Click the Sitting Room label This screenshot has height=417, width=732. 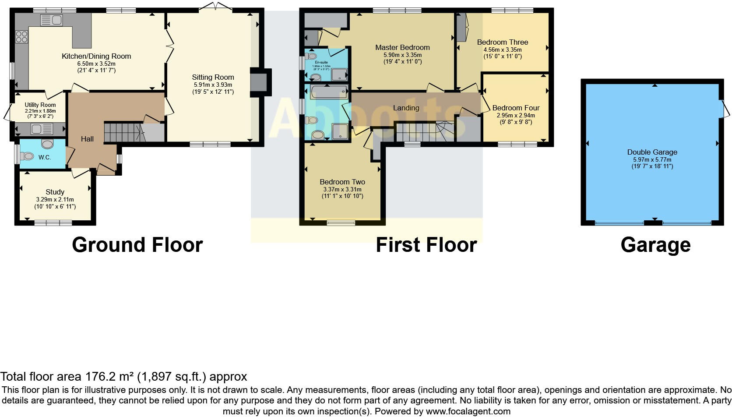point(213,78)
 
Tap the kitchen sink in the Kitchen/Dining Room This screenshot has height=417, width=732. point(52,20)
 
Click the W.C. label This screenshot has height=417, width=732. point(45,157)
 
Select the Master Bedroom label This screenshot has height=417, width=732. point(402,47)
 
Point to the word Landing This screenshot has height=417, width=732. point(406,108)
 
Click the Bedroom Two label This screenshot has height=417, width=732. point(342,182)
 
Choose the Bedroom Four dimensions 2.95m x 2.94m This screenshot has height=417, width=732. point(516,115)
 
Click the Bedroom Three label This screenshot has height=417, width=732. point(502,42)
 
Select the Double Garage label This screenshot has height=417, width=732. point(652,152)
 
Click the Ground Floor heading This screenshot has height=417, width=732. point(137,245)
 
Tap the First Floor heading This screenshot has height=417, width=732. point(426,245)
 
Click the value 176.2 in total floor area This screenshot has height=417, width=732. point(97,377)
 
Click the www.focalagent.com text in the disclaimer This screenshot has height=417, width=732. point(468,411)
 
